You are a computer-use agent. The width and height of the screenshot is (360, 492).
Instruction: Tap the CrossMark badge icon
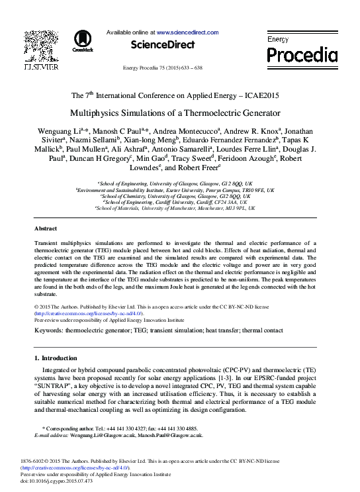(x=83, y=40)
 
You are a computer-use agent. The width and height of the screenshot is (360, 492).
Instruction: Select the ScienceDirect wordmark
(x=163, y=45)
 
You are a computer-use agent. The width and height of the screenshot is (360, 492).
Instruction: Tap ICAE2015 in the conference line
(x=260, y=95)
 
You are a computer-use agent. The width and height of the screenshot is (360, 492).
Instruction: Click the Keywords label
(x=48, y=329)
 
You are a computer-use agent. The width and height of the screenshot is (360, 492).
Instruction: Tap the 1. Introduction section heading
(x=55, y=358)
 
